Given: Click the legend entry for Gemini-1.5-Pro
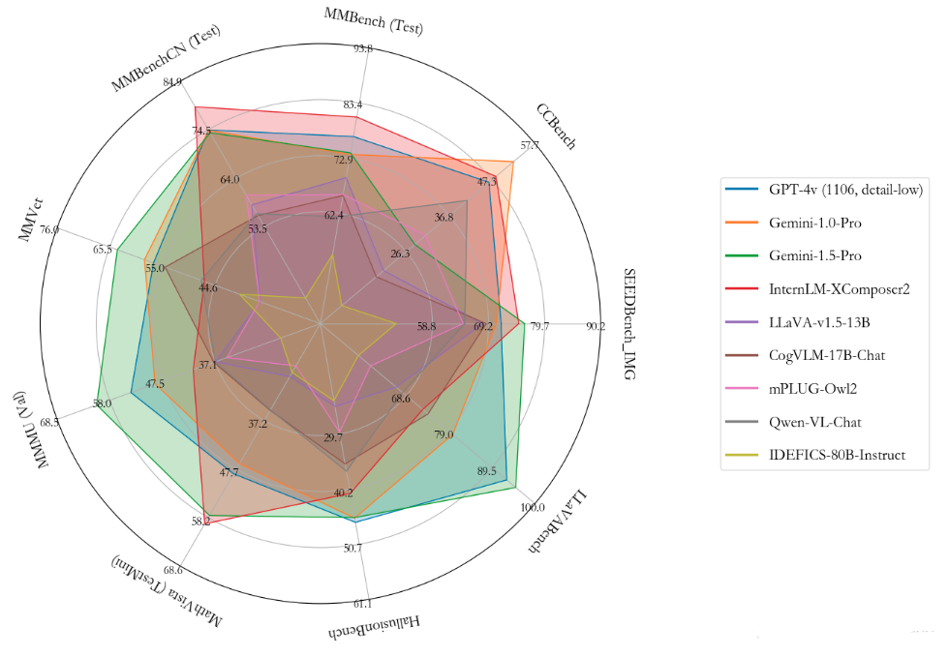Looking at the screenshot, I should click(814, 255).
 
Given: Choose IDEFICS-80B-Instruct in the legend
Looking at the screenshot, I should click(838, 454).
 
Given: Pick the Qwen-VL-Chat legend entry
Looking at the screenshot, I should click(815, 421).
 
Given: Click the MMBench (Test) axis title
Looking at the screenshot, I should click(374, 20).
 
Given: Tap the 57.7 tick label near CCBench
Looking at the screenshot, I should click(531, 146).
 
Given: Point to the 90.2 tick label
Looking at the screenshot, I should click(596, 326).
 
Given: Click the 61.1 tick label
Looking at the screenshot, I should click(361, 604).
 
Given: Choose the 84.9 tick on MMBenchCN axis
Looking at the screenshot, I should click(174, 81).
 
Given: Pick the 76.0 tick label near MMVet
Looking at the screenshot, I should click(49, 230).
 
